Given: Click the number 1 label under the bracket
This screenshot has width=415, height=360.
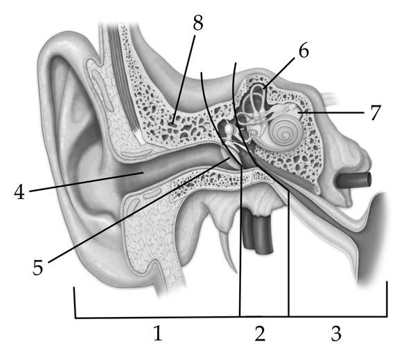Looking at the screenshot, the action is tap(158, 333).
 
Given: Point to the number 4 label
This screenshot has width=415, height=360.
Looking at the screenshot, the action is tap(19, 191).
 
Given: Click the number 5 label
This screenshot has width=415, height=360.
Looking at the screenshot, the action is tap(37, 267).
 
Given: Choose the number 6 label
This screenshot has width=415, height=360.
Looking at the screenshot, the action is tap(303, 51).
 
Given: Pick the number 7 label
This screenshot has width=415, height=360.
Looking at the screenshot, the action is tap(376, 112).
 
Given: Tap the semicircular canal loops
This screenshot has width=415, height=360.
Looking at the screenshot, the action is tap(254, 103).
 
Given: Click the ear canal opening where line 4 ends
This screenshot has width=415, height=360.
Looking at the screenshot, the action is tap(143, 173).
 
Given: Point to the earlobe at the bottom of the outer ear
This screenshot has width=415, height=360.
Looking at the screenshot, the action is tap(111, 268).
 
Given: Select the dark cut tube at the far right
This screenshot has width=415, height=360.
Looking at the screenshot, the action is tap(354, 180).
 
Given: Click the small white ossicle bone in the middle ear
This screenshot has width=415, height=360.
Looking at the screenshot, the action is tap(229, 130).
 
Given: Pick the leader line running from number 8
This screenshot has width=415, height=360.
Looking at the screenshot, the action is tap(184, 80).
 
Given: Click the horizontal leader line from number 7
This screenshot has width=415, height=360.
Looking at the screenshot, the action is tap(331, 112).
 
